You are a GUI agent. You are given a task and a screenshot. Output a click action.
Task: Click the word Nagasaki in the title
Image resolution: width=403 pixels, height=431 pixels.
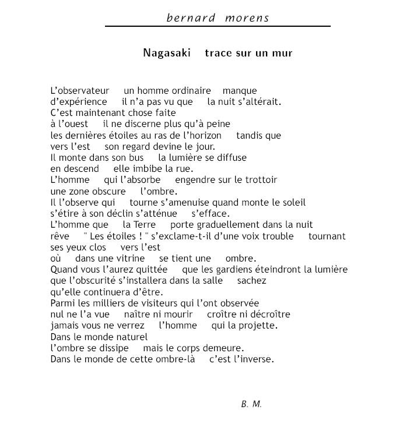pos(167,53)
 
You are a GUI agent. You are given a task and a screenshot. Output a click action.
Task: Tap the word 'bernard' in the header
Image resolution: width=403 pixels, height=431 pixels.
pos(188,17)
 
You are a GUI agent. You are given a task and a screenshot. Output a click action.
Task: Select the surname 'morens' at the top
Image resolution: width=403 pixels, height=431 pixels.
pos(247,17)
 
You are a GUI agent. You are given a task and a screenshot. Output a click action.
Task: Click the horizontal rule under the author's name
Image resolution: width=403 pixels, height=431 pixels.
pos(218,26)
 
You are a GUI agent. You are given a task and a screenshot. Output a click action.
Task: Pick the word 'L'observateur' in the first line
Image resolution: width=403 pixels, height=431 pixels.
pos(80,91)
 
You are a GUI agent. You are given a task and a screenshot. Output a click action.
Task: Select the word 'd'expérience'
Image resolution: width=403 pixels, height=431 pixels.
pos(79,102)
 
